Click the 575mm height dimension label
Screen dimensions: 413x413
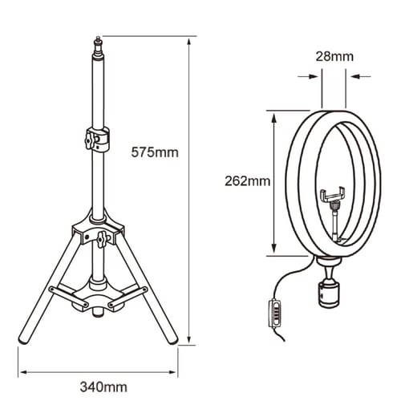pos(155,152)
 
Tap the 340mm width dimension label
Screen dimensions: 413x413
pos(103,387)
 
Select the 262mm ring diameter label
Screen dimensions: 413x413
pos(247,181)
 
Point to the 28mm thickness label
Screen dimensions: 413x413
pos(334,56)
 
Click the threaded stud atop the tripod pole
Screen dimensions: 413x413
pos(98,45)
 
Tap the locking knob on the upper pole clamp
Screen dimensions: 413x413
pos(89,140)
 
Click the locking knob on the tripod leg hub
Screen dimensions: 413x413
pos(101,238)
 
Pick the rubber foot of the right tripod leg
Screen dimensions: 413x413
pos(172,340)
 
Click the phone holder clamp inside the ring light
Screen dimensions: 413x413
pos(332,194)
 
